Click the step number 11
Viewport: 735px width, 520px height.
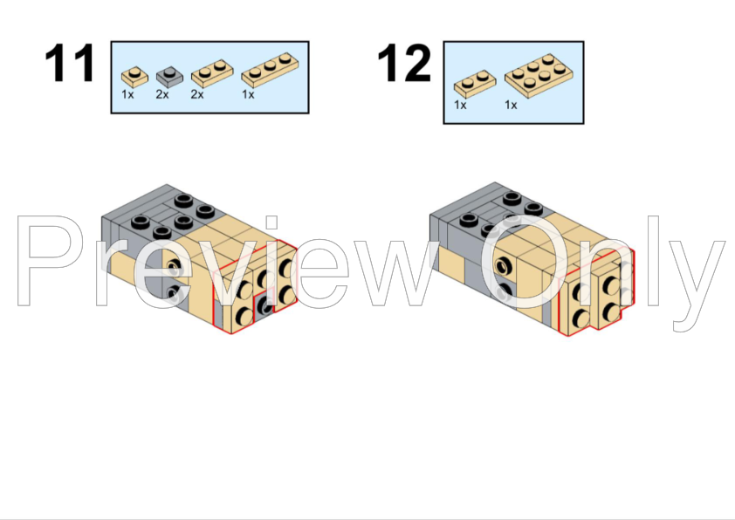(x=70, y=63)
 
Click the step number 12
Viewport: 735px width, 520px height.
(x=403, y=63)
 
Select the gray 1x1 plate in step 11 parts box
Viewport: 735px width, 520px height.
(x=169, y=78)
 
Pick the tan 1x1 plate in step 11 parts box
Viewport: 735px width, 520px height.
(x=134, y=78)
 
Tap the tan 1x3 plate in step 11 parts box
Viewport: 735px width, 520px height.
(x=270, y=71)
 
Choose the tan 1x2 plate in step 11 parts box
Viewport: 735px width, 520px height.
(x=212, y=73)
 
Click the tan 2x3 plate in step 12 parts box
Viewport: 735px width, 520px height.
(x=539, y=76)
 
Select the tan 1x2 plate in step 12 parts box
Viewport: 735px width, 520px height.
(x=475, y=84)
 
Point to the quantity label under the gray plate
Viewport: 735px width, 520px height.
(x=162, y=94)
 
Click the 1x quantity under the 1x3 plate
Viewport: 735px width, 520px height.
(x=248, y=94)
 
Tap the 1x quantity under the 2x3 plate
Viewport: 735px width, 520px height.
(x=511, y=105)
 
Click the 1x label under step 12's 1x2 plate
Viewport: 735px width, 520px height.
(x=460, y=105)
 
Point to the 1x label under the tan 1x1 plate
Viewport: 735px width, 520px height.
(x=127, y=94)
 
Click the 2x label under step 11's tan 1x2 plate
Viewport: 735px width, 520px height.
(x=197, y=94)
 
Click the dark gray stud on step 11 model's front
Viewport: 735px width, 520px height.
(x=265, y=307)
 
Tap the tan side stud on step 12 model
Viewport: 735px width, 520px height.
(x=504, y=266)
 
